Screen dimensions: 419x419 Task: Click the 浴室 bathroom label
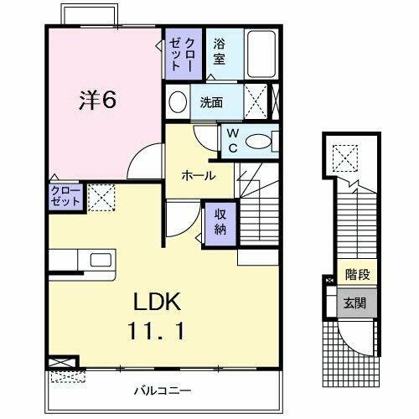point(220,52)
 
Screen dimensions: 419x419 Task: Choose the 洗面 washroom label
point(211,103)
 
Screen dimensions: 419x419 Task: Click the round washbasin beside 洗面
point(178,102)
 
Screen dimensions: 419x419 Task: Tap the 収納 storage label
point(219,220)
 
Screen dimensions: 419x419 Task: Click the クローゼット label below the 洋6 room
point(65,198)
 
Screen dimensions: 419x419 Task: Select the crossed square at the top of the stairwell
point(342,156)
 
